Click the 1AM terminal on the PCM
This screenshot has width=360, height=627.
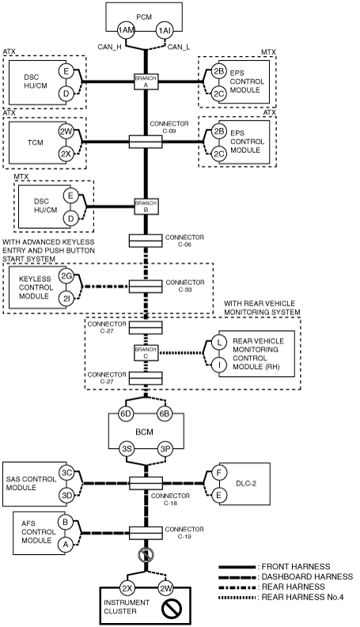(126, 30)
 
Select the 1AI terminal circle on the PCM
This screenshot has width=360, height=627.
(165, 30)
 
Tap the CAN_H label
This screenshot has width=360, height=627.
(109, 47)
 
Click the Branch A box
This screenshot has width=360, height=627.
(146, 82)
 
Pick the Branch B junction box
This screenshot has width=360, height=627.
(146, 207)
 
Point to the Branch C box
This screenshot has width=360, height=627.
(146, 353)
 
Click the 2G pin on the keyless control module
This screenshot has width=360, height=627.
(66, 275)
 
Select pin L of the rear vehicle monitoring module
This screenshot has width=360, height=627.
(219, 342)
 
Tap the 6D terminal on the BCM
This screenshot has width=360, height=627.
(126, 413)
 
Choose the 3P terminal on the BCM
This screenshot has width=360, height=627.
(165, 449)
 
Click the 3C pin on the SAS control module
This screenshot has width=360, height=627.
(66, 473)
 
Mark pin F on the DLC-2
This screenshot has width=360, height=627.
(218, 473)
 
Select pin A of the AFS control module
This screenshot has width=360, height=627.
(65, 544)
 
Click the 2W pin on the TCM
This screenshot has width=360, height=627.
(66, 131)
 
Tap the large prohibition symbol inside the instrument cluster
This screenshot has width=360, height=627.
(172, 609)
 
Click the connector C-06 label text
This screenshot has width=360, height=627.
(184, 241)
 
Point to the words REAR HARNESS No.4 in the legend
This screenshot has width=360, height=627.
(302, 598)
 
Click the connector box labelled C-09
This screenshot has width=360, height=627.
(146, 142)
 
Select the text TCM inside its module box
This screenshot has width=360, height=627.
(35, 142)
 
